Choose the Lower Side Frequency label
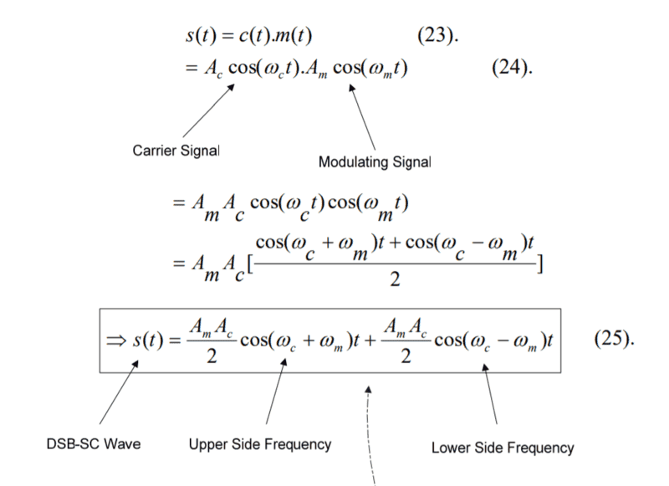click(x=503, y=448)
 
